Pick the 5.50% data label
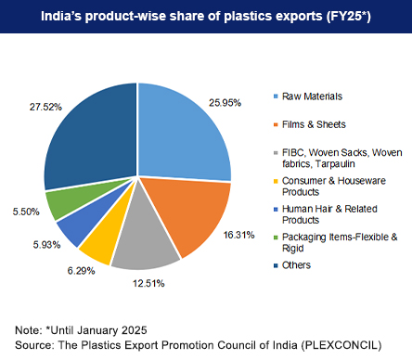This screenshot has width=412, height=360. pos(25,212)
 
